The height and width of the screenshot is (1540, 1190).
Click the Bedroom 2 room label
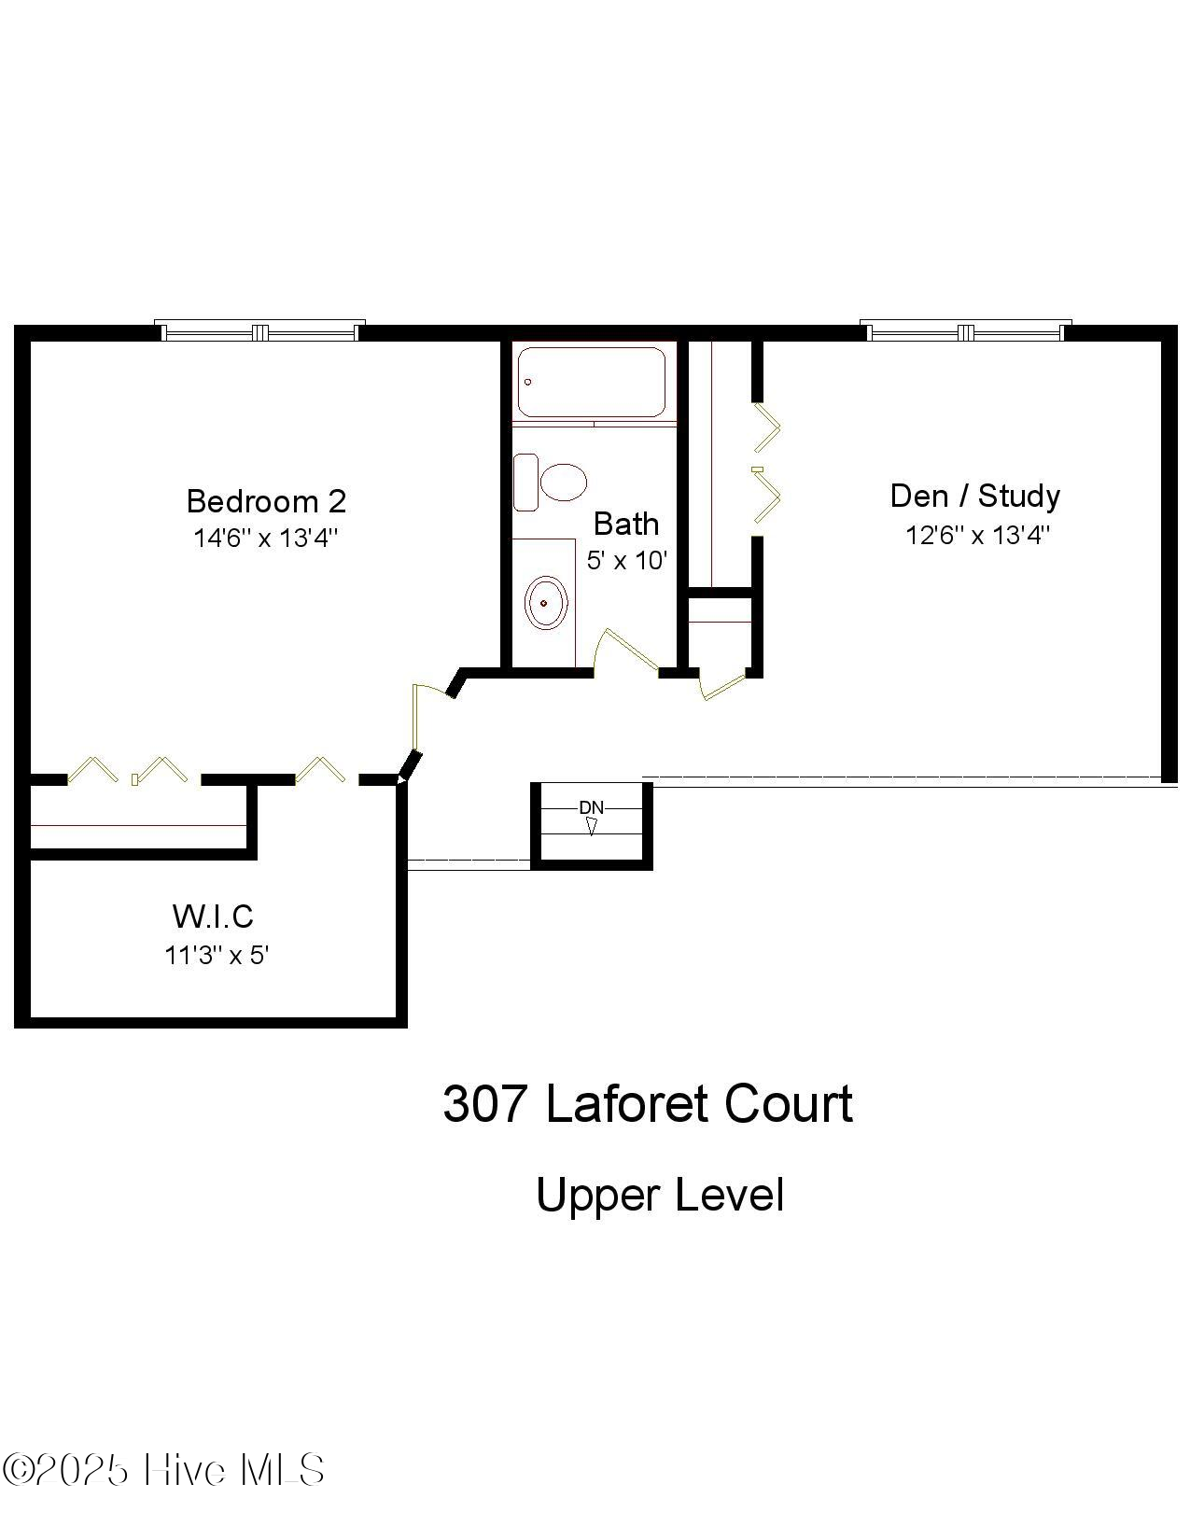click(x=266, y=501)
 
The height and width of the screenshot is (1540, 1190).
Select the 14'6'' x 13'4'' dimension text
click(x=266, y=539)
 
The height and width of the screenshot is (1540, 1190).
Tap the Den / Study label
click(x=974, y=496)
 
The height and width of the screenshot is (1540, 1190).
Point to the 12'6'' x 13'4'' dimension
click(x=977, y=535)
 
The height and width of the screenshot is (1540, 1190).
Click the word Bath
click(x=626, y=524)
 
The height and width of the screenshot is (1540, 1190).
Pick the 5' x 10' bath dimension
click(x=626, y=560)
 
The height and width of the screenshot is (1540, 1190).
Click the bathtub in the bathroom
click(x=591, y=382)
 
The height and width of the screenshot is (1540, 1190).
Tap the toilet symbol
click(x=551, y=483)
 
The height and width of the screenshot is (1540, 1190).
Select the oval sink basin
click(x=546, y=603)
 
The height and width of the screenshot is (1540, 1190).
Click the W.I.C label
click(x=213, y=916)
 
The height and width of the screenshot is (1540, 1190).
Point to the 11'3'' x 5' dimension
click(x=217, y=955)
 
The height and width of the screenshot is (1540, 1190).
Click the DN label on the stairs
click(x=591, y=807)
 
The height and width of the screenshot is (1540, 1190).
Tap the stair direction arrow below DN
click(x=591, y=826)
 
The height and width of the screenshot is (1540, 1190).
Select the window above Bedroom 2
click(x=259, y=331)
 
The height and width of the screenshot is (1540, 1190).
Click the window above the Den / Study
click(x=965, y=331)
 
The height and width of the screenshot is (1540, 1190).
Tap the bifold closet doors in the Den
click(x=767, y=463)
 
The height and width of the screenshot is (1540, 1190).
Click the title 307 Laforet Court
click(x=647, y=1104)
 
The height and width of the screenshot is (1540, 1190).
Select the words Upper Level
click(x=659, y=1195)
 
